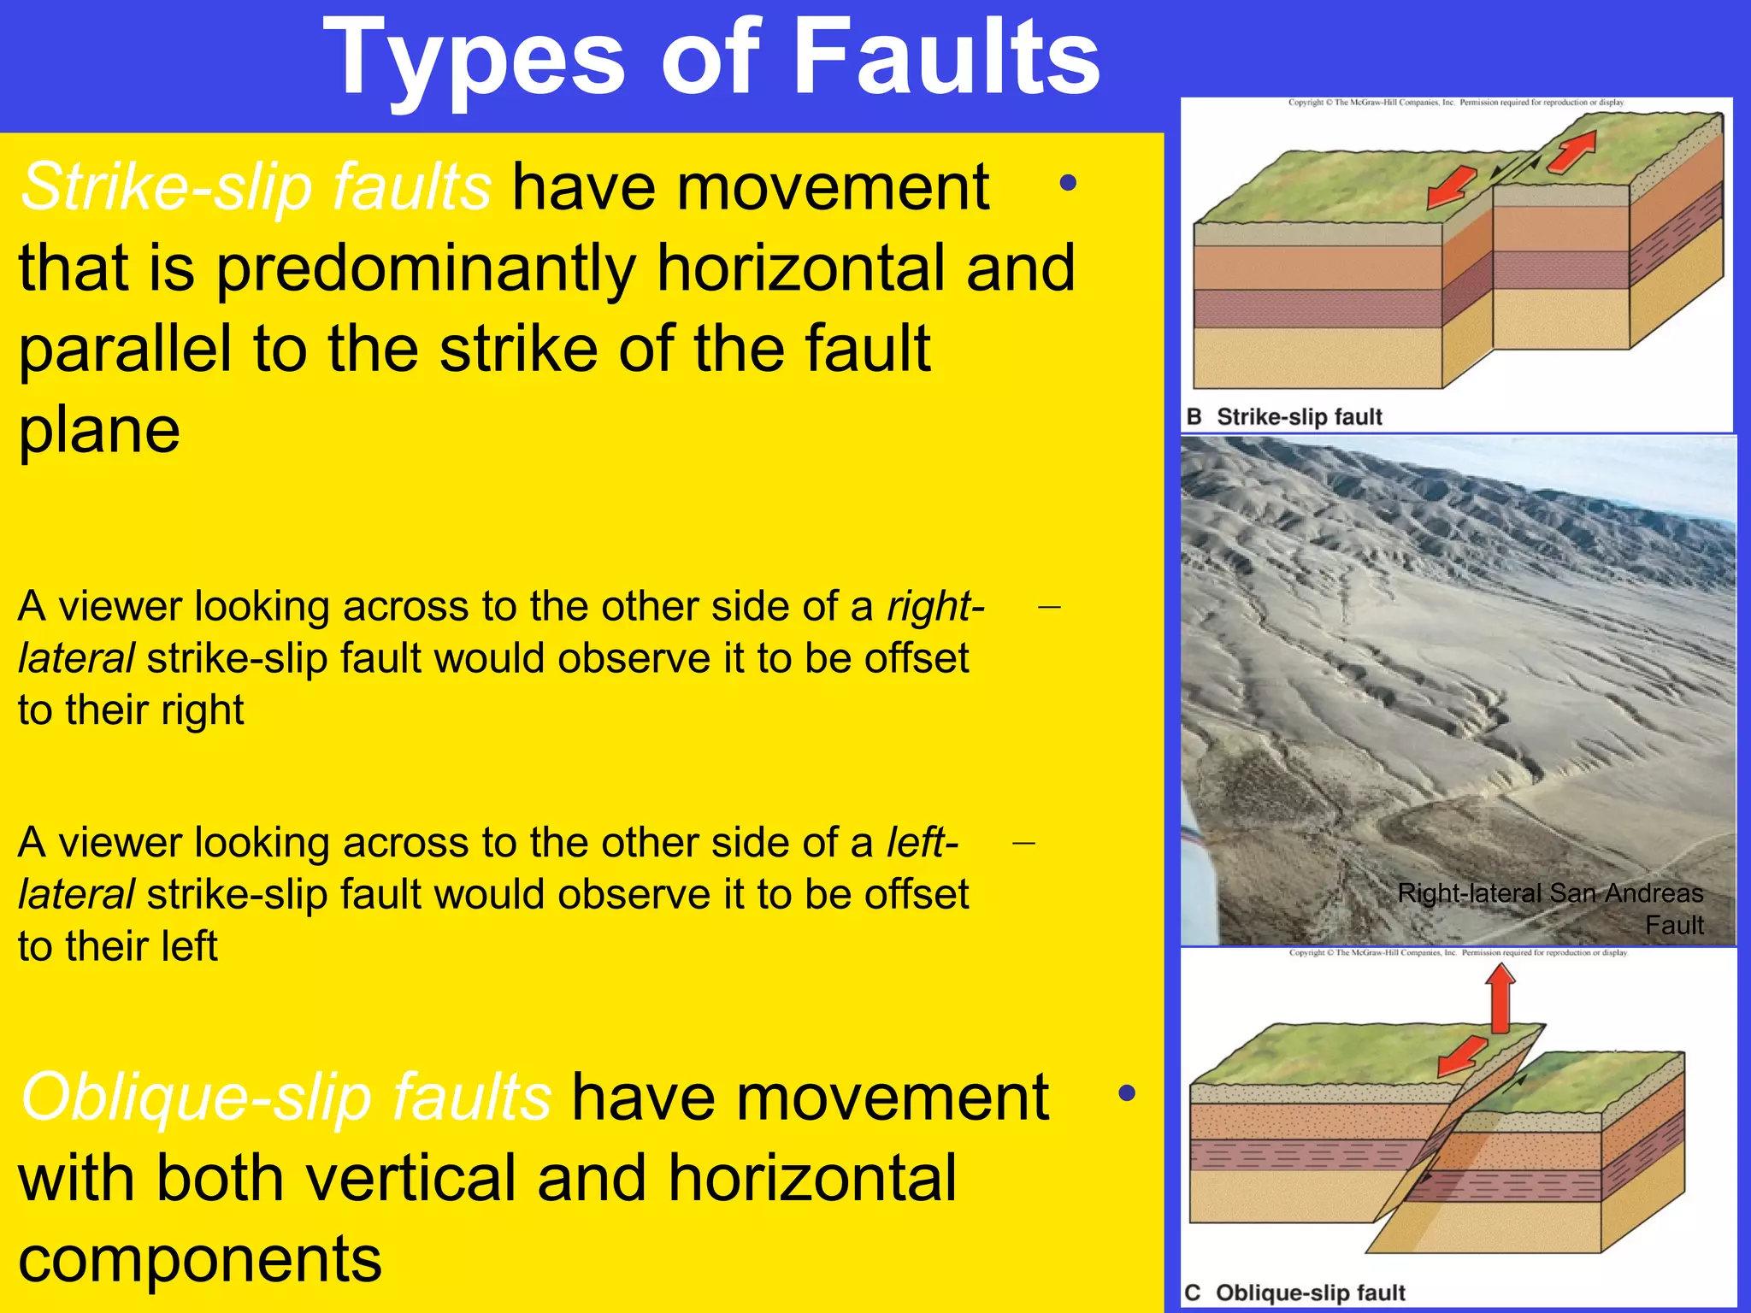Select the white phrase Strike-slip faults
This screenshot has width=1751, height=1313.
[x=256, y=187]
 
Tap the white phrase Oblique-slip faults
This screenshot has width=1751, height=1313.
[x=286, y=1098]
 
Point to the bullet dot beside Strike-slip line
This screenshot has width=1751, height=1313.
[x=1067, y=183]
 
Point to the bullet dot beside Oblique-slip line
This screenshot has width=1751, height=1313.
[x=1127, y=1092]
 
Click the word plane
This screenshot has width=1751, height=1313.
[x=99, y=430]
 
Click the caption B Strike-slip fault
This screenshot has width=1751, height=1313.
[x=1284, y=417]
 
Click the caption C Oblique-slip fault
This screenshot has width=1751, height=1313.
[x=1294, y=1292]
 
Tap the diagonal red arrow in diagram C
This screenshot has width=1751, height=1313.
[x=1463, y=1057]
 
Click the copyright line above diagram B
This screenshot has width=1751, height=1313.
[x=1456, y=103]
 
